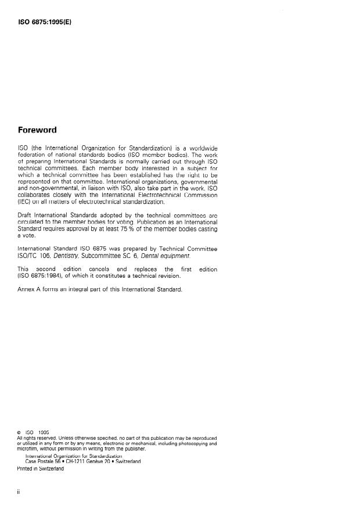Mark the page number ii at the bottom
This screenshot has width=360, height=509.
pos(19,491)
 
